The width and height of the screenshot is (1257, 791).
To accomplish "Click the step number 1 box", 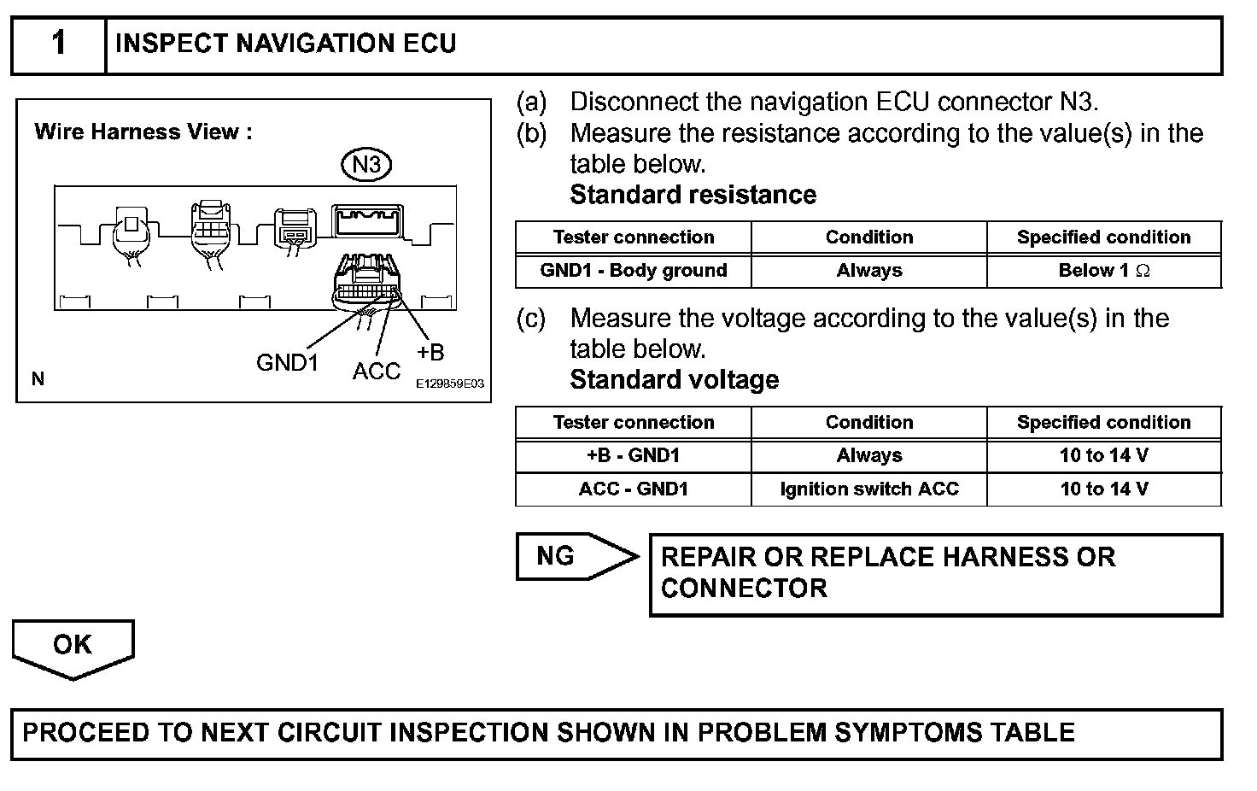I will [x=58, y=44].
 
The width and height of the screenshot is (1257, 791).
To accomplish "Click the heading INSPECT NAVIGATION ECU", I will [x=285, y=44].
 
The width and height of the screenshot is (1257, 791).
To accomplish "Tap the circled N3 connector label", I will [x=366, y=164].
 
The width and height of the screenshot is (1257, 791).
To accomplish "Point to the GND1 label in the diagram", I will [x=287, y=363].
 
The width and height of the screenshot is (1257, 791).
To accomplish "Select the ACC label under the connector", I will [x=376, y=372].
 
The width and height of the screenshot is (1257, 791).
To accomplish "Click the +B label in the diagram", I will [x=430, y=352].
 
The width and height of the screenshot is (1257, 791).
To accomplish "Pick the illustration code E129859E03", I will [x=450, y=384].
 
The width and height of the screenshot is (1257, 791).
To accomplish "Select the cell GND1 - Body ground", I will [x=634, y=271].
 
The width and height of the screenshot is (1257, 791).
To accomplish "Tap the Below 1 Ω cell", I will [x=1103, y=271].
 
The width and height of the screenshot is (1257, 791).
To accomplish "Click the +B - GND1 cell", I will [x=634, y=455].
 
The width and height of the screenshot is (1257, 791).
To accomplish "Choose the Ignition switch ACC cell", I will [x=869, y=489].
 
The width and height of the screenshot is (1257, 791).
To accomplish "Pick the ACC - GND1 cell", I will [x=634, y=489].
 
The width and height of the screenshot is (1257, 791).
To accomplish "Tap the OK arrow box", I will [x=73, y=647].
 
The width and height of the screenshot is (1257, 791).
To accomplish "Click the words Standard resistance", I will [x=693, y=195].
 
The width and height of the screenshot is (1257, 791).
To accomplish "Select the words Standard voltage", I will [x=674, y=380].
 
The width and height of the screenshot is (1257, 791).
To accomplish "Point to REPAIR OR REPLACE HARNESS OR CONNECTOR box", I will [x=936, y=573].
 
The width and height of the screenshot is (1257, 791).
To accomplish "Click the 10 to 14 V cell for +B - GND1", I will [x=1103, y=455].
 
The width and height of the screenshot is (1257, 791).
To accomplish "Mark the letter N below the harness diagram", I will [x=38, y=379].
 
